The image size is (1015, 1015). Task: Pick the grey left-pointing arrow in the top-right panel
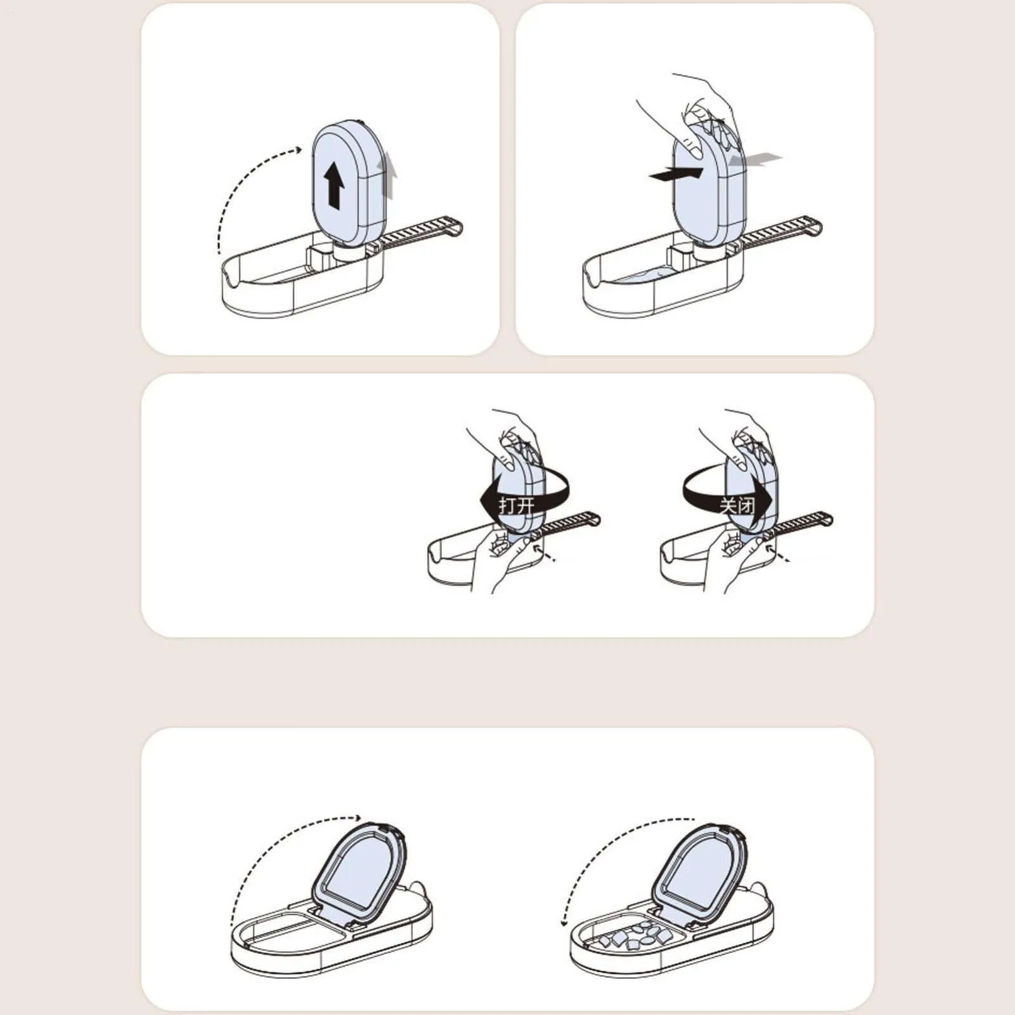754,159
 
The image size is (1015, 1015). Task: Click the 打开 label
517,506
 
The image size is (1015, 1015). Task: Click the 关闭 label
737,506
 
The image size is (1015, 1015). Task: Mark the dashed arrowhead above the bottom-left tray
358,818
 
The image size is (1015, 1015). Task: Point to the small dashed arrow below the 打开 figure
545,551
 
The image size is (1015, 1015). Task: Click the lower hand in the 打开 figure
501,558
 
